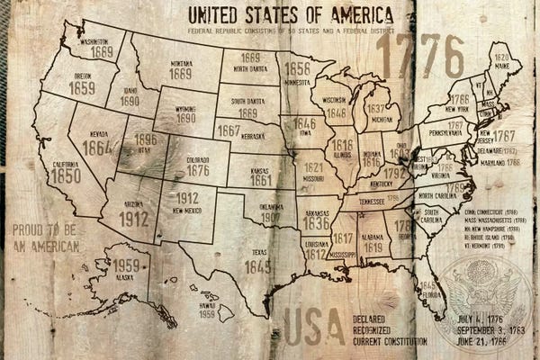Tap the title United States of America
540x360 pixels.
tap(290, 15)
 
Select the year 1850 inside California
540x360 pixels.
tap(65, 176)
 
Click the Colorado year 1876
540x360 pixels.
tap(197, 169)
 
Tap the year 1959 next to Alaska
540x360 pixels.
tap(126, 265)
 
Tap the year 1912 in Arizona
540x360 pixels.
tap(133, 217)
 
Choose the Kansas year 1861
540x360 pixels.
tap(262, 179)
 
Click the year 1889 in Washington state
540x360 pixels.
tap(101, 52)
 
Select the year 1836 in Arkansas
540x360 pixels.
tap(315, 222)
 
